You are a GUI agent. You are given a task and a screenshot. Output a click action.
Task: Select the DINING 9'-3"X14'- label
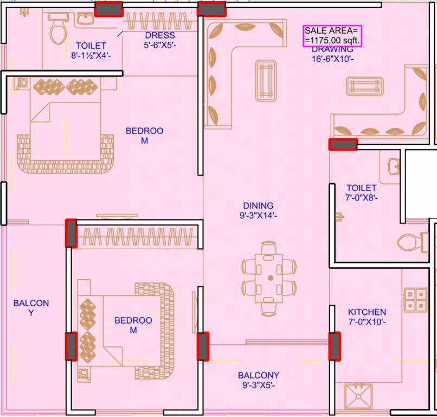tap(258, 210)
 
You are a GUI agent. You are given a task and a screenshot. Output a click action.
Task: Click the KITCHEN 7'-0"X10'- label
tap(367, 317)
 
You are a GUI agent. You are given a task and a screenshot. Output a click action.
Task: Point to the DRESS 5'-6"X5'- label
tap(159, 41)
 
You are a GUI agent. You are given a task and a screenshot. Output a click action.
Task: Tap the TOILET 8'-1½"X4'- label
tap(91, 51)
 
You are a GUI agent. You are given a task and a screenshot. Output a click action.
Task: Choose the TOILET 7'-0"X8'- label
tap(362, 193)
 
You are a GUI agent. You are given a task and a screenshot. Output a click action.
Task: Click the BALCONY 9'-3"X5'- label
tap(259, 380)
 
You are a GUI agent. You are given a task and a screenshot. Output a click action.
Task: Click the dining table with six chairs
tap(269, 278)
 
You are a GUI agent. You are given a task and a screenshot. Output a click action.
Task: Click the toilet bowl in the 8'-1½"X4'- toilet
tap(57, 30)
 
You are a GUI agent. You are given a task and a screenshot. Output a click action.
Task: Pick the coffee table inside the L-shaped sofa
tap(266, 80)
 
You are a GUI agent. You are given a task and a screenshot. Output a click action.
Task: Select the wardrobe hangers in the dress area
tap(158, 22)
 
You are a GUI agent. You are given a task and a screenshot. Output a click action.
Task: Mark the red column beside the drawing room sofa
tap(343, 144)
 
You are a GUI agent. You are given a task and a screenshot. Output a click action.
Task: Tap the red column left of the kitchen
tap(335, 346)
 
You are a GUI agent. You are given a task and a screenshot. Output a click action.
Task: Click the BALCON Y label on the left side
tap(31, 308)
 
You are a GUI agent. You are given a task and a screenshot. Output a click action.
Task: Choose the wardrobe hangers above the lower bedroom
tap(136, 237)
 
